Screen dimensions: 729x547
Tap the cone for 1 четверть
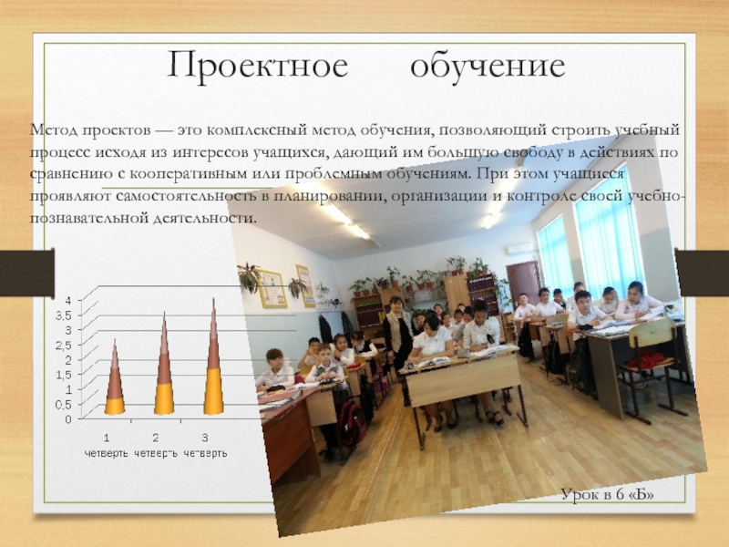coord(115,377)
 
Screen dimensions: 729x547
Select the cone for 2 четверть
coord(164,363)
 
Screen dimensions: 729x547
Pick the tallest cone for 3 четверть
coord(213,356)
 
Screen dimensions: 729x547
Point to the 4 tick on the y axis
coord(68,301)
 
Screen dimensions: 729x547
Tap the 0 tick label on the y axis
coord(68,419)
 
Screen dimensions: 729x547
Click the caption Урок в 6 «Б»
coord(607,494)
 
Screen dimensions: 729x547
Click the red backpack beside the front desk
coord(352,424)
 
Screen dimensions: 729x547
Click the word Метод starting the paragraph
coord(54,129)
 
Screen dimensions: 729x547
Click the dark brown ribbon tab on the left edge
coord(27,273)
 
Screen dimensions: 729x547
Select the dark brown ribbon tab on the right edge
coord(702,273)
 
